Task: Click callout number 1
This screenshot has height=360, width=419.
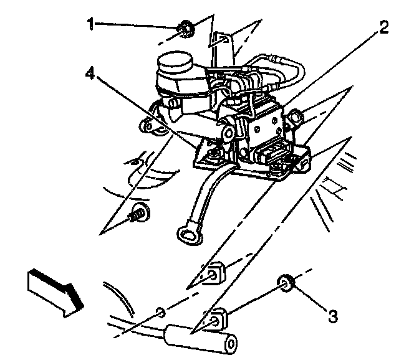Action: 92,25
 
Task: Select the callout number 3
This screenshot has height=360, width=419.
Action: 333,317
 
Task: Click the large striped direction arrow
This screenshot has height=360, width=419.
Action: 53,290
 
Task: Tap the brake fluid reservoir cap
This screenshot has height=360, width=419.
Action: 174,63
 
